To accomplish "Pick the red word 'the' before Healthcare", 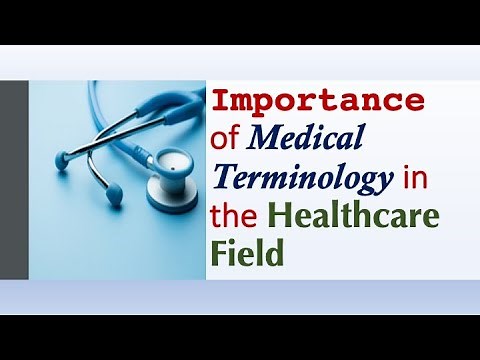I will (235, 216).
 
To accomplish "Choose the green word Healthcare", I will (355, 216).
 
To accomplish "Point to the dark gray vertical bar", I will (14, 179).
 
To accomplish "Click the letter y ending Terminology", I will (381, 184).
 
